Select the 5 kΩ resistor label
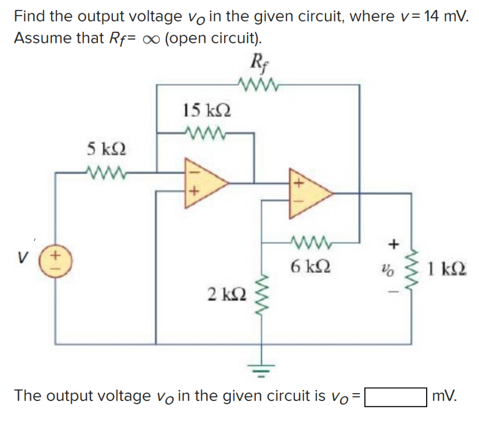[x=106, y=149]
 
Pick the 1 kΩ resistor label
[x=448, y=273]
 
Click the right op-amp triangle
[x=308, y=193]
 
